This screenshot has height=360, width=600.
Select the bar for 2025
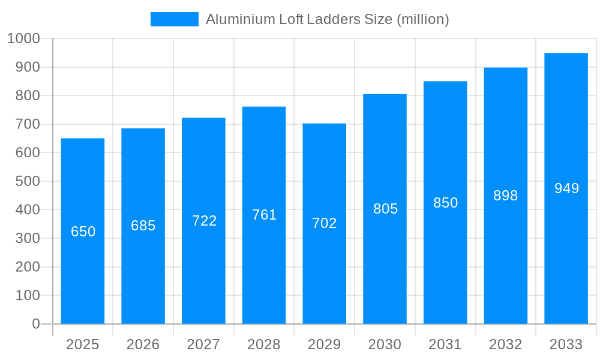tap(83, 270)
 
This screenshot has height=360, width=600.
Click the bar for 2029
tap(325, 270)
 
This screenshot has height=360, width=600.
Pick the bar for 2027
tap(203, 270)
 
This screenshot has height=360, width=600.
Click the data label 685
tap(143, 226)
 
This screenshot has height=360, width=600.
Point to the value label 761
tap(264, 215)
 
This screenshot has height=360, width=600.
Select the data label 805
tap(385, 209)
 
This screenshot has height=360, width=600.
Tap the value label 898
tap(506, 196)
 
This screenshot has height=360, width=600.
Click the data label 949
tap(566, 188)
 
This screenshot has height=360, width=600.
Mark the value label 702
tap(325, 223)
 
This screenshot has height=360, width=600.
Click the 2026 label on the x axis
tap(143, 344)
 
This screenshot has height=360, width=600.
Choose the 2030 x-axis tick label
tap(385, 344)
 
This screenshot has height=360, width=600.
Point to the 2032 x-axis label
tap(506, 344)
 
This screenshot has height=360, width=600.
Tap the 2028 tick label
tap(264, 344)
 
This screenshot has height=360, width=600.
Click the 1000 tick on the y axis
tap(23, 38)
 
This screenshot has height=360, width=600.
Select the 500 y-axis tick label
tap(28, 181)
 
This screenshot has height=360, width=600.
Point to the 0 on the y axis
tap(36, 324)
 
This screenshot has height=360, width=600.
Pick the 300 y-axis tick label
tap(28, 238)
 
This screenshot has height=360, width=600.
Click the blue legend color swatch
tap(174, 19)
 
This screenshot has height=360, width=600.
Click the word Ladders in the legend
tap(334, 19)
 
